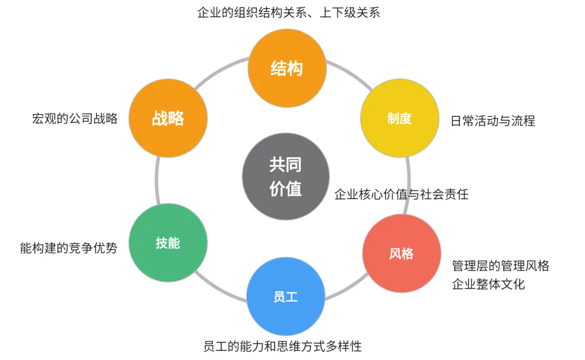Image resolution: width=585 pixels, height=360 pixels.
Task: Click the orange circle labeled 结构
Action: [287, 68]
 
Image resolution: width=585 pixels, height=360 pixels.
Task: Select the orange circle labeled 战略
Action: [168, 118]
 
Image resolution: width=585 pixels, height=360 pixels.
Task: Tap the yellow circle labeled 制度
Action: [400, 119]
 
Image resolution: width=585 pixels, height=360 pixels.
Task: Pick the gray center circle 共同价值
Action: [285, 176]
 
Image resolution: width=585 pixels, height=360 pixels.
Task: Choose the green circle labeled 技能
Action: [168, 243]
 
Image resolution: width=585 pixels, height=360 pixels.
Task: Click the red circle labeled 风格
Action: [401, 253]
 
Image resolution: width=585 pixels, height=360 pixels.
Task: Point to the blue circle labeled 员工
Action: [285, 297]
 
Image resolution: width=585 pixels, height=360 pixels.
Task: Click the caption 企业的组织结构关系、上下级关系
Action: [289, 12]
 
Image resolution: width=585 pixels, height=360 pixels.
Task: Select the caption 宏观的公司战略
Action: [75, 119]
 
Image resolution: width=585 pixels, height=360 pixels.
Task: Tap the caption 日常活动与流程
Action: [492, 121]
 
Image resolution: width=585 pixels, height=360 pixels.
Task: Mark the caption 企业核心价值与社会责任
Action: [401, 194]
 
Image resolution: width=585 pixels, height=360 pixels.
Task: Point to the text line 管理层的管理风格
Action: [500, 265]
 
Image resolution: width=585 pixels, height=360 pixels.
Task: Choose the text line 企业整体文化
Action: [488, 284]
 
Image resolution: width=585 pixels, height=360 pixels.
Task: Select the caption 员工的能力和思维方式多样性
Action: [282, 345]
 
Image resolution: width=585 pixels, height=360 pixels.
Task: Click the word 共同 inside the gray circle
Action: [285, 165]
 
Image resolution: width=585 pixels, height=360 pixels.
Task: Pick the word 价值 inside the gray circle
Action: [285, 189]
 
